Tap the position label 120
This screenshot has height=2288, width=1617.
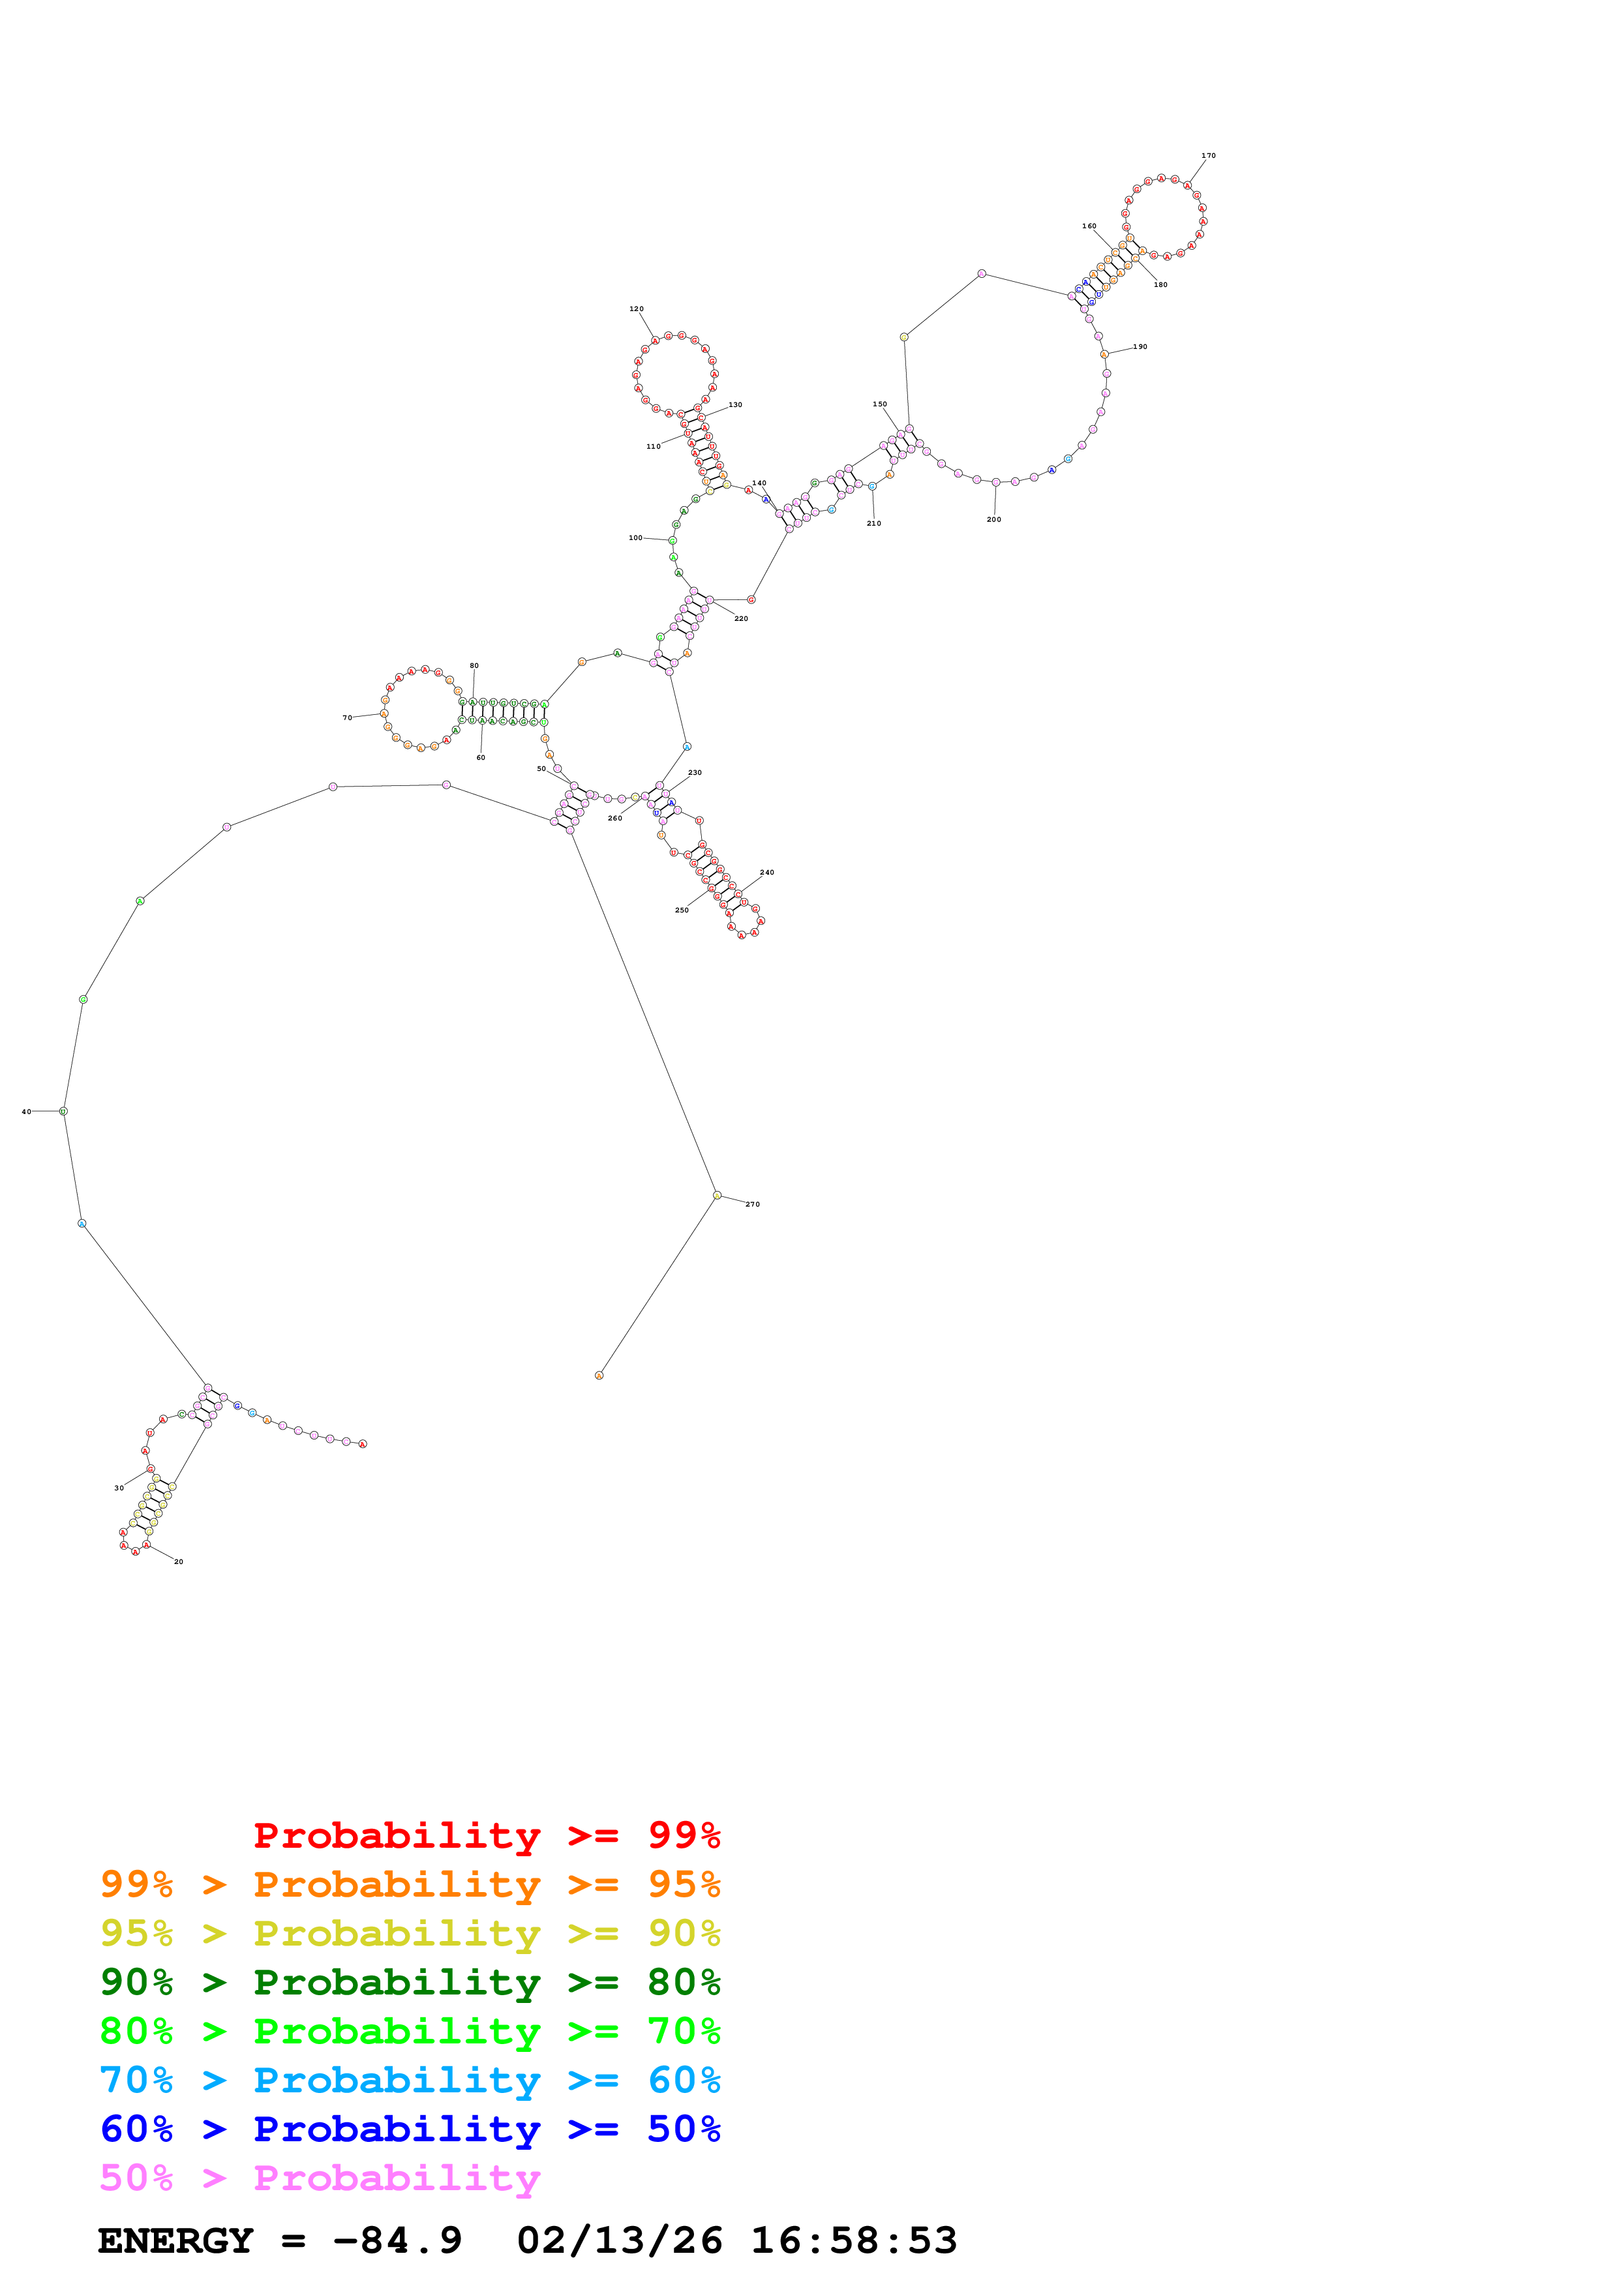[637, 309]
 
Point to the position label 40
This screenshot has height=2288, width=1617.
[27, 1111]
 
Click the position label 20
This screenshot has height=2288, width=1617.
[178, 1561]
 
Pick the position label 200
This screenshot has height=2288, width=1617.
[993, 519]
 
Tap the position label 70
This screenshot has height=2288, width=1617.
[348, 717]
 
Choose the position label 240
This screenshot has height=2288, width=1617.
[766, 873]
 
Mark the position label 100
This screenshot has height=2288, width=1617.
[635, 538]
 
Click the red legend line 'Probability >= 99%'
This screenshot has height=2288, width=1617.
[486, 1835]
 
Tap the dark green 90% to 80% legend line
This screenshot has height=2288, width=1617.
[410, 1982]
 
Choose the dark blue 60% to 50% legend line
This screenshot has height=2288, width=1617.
[410, 2129]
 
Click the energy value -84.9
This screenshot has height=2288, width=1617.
[397, 2240]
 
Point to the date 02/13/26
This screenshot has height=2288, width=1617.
[619, 2240]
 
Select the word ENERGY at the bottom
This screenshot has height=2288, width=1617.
[175, 2240]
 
